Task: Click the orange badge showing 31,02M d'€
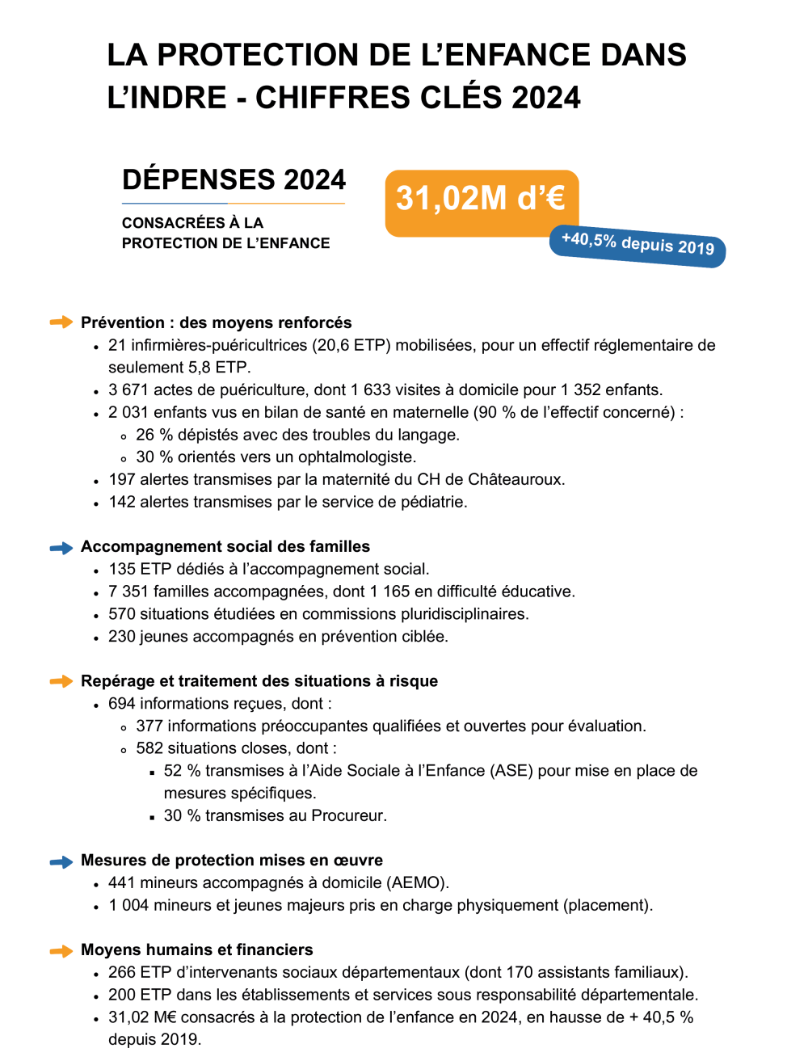[482, 202]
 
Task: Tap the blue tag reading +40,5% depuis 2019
[638, 244]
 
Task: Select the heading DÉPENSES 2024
[234, 179]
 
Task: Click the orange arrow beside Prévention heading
[61, 322]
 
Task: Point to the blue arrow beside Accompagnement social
[61, 548]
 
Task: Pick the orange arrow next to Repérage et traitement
[61, 681]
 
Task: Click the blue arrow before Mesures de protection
[61, 861]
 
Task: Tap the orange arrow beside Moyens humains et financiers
[61, 951]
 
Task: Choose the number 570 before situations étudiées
[122, 614]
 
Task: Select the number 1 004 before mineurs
[129, 905]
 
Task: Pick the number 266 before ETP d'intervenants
[122, 972]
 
